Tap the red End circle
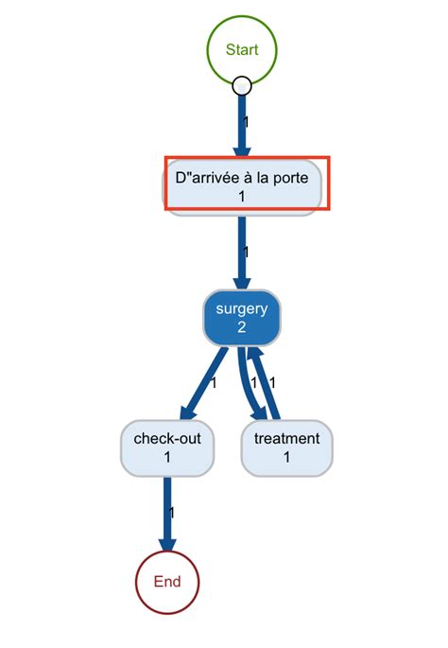point(167,582)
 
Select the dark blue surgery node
point(241,318)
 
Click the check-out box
point(167,447)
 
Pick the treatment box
point(286,447)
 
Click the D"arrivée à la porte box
point(242,186)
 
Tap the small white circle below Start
point(241,86)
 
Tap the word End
point(167,582)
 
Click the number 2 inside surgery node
point(241,327)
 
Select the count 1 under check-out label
point(167,457)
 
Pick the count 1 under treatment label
point(286,457)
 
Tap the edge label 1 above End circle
point(172,512)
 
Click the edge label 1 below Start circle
point(247,122)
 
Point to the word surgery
point(241,308)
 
